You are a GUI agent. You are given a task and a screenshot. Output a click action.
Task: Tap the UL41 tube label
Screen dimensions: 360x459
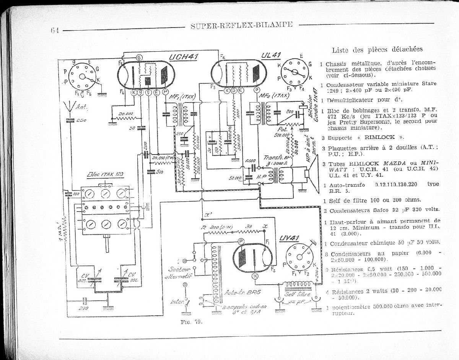click(271, 55)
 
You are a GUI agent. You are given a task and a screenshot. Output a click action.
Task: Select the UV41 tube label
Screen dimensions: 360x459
click(289, 238)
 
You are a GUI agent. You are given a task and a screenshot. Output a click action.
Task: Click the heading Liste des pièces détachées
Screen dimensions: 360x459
click(377, 49)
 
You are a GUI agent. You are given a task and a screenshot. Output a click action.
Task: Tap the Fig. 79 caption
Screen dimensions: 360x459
click(191, 322)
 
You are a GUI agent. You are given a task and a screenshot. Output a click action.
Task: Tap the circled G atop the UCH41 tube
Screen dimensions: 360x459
click(139, 57)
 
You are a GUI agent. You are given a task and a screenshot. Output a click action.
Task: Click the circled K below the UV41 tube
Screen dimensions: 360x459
click(256, 276)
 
